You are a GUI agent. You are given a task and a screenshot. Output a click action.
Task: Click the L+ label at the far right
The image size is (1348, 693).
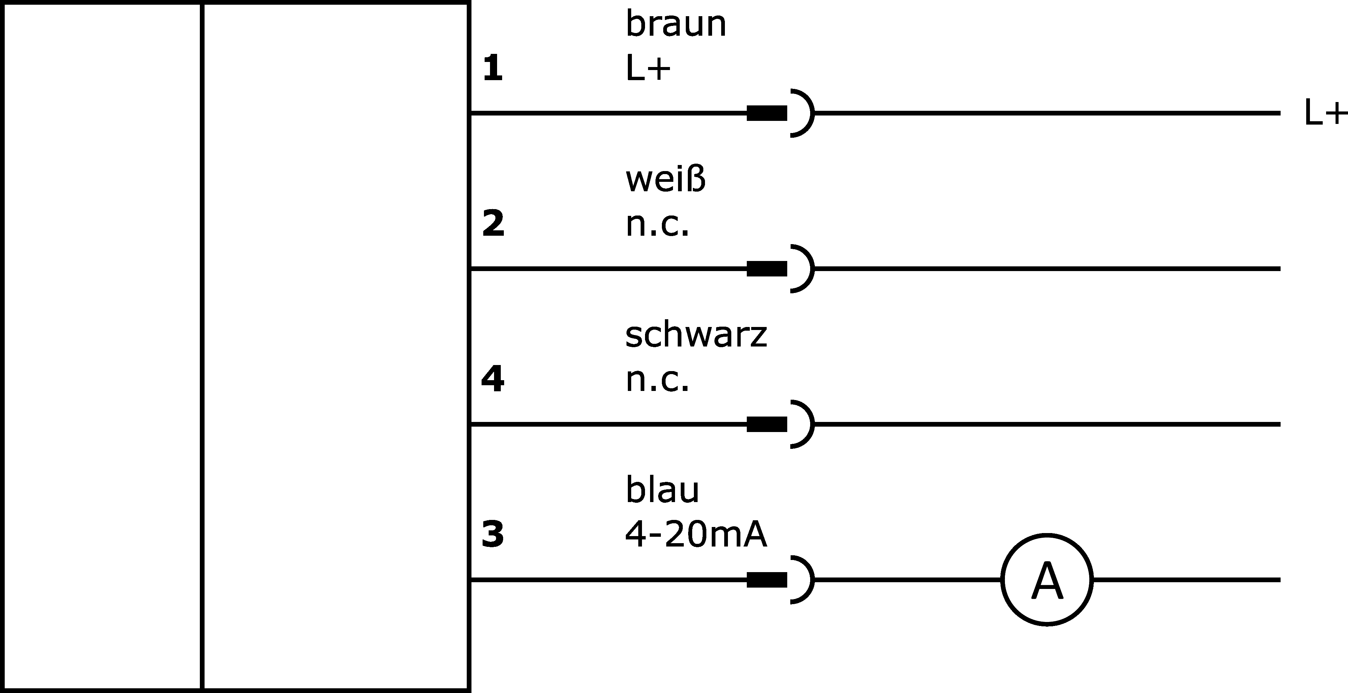coord(1325,113)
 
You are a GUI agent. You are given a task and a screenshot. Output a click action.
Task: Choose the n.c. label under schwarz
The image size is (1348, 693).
coord(657,380)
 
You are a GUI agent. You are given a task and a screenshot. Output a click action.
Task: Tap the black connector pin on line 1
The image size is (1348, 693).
coord(767,113)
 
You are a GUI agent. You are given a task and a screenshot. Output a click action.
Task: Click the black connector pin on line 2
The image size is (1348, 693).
coord(767,269)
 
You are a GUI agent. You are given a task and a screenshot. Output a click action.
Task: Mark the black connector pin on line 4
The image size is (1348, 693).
coord(767,424)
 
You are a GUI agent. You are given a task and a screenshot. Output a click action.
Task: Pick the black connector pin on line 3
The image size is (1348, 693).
coord(767,580)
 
